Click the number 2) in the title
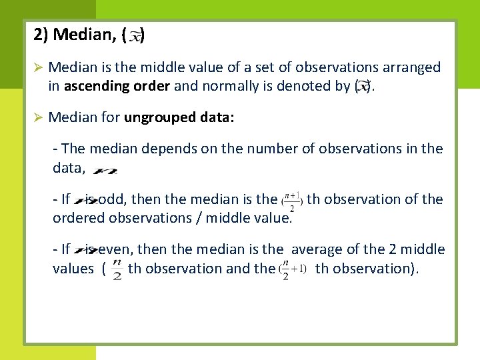[41, 34]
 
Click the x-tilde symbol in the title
[135, 36]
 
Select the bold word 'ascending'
[93, 86]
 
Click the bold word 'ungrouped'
[159, 118]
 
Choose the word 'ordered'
[77, 218]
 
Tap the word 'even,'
[117, 250]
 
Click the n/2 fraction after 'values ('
[117, 270]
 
